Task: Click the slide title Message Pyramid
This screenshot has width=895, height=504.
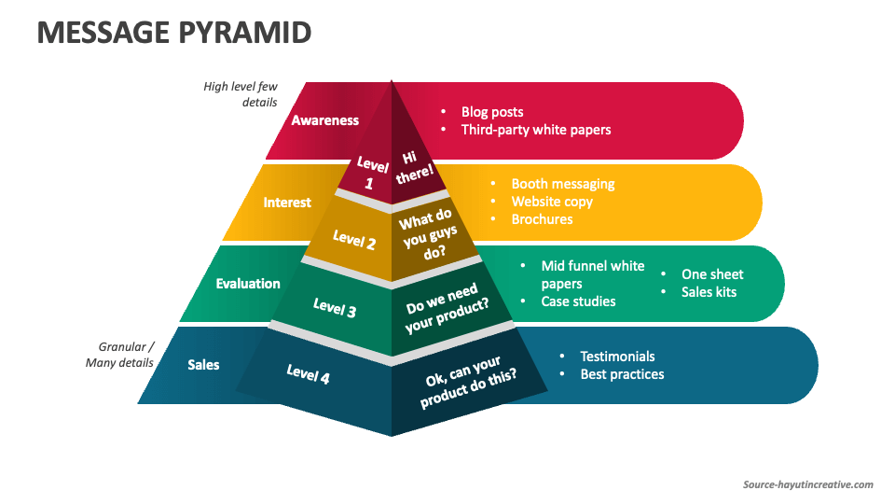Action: (173, 33)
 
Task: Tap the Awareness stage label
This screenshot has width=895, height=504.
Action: (324, 120)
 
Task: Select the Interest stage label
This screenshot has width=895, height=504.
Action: (287, 203)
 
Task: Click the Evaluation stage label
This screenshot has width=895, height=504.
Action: (248, 284)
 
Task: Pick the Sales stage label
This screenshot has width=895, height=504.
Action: (203, 364)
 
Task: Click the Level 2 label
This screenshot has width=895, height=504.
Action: (354, 240)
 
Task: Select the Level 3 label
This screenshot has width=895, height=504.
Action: (335, 307)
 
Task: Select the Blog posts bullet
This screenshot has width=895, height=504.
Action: (492, 112)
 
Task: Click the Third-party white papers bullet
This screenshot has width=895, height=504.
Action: (536, 130)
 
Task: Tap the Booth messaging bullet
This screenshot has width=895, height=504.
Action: (562, 184)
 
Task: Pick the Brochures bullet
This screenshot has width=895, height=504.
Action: (542, 219)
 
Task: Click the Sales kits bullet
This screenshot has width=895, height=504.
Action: (709, 292)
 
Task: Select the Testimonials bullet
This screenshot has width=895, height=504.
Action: (617, 357)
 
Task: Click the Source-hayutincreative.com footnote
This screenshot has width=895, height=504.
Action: (807, 484)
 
